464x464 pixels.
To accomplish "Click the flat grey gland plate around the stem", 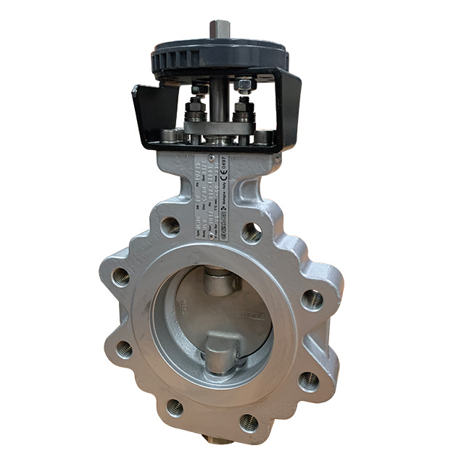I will (217, 128).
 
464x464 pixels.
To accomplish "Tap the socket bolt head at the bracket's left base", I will (169, 135).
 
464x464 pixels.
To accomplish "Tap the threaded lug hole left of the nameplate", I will (171, 225).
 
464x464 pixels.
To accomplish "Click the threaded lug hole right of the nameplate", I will (252, 233).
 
